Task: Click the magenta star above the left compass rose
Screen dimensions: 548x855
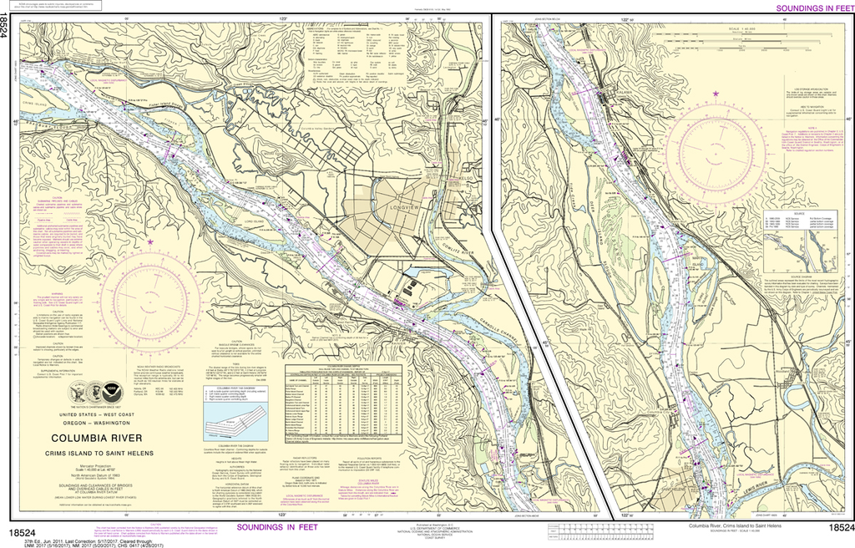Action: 150,242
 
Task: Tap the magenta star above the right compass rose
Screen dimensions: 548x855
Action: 715,94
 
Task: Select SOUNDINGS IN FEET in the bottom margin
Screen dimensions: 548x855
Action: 277,527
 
